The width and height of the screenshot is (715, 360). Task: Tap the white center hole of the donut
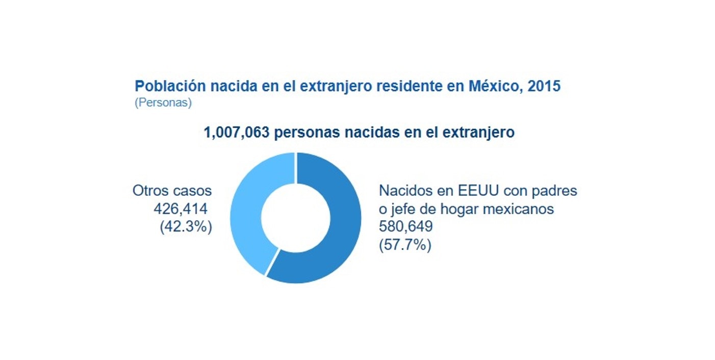coord(295,218)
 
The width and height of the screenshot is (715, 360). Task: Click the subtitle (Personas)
coord(163,102)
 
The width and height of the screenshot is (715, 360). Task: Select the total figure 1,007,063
coord(236,133)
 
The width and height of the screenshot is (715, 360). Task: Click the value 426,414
coord(181,209)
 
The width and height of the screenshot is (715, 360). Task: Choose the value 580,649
coord(405,226)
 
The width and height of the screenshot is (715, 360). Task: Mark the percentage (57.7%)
coord(405,245)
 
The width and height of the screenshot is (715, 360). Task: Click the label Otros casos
coord(172,191)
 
